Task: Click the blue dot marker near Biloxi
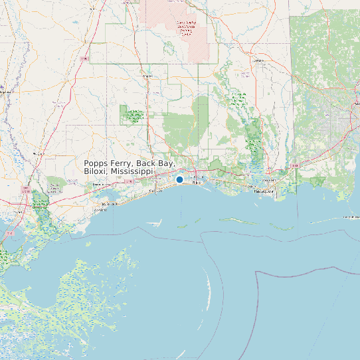[x=179, y=179]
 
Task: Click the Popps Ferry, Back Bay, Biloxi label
[x=130, y=167]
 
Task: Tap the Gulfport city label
[x=156, y=191]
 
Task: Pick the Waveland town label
[x=100, y=209]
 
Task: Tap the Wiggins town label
[x=148, y=76]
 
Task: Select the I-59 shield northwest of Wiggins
[x=84, y=59]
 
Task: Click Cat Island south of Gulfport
[x=154, y=223]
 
